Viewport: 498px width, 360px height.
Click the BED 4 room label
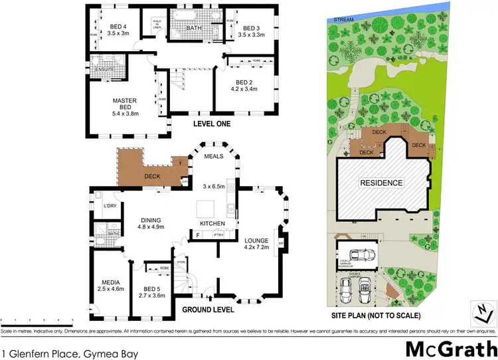[x=118, y=27]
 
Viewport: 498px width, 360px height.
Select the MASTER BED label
[x=124, y=101]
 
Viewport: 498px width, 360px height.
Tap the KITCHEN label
[x=212, y=223]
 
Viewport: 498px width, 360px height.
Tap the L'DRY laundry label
[x=110, y=205]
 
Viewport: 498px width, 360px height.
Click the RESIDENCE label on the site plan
[x=380, y=183]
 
